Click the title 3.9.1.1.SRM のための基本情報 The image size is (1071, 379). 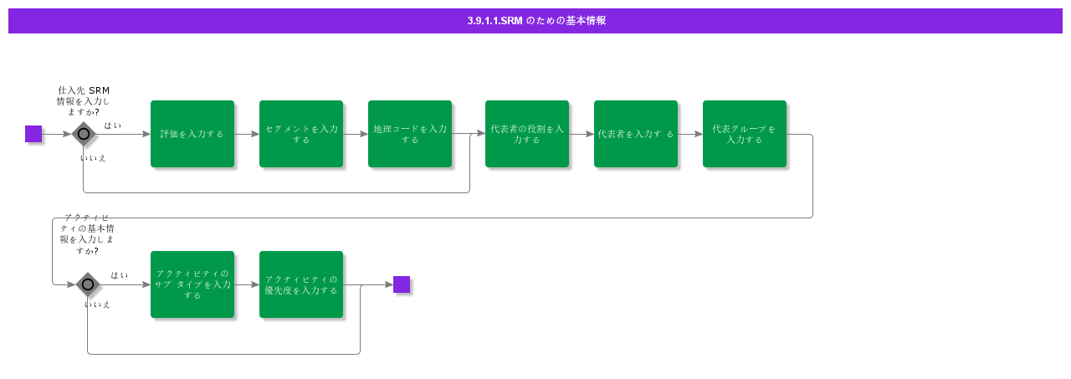(536, 21)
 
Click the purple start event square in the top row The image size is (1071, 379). (33, 134)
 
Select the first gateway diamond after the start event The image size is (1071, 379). (84, 134)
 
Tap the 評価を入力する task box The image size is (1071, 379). (192, 134)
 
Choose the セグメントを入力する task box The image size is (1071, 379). (301, 134)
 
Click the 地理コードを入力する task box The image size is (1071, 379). (410, 134)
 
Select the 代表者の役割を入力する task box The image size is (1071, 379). (527, 134)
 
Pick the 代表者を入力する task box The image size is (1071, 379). (636, 134)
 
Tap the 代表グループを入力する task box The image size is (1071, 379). (745, 134)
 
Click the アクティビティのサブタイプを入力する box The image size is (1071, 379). (192, 284)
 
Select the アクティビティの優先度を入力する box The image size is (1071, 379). (301, 284)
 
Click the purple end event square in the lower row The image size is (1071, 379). (402, 284)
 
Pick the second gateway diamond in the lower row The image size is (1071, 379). (88, 284)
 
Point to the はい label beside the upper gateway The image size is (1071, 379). (112, 125)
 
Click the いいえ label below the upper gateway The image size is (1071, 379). (94, 158)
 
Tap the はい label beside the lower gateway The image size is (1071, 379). (120, 275)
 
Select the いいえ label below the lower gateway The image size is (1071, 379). (97, 305)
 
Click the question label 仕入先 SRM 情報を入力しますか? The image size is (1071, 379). (84, 101)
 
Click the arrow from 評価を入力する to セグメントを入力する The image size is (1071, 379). (247, 134)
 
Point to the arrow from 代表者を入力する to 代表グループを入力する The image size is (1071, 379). (690, 134)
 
